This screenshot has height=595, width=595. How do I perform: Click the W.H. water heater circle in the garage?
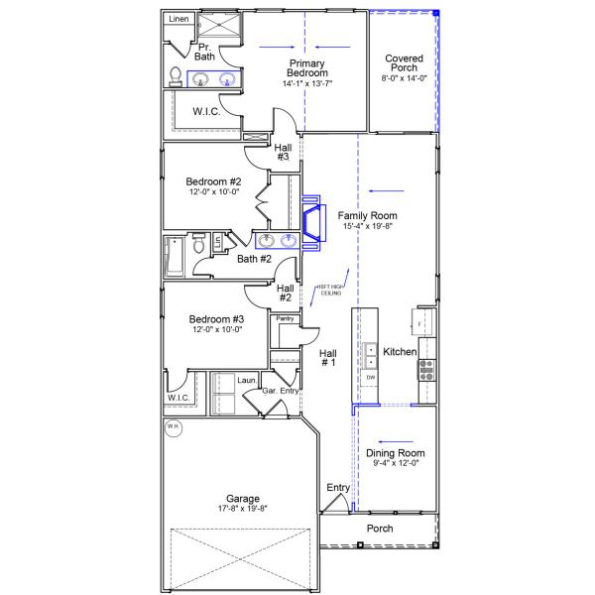point(174,427)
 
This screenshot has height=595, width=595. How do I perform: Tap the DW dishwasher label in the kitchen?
point(371,378)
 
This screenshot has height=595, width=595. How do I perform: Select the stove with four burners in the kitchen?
point(427,370)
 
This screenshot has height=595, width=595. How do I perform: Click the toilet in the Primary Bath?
point(177,75)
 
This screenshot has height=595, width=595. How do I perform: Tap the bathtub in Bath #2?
point(174,256)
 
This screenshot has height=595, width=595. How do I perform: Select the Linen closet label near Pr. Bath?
point(178,19)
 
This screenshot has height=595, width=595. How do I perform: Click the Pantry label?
point(285,318)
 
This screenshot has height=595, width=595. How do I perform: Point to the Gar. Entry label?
point(282,391)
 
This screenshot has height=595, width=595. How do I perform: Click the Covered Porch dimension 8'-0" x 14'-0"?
point(404,78)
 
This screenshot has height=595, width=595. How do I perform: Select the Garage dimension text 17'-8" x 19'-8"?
point(242,508)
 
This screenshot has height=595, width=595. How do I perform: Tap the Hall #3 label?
point(283,151)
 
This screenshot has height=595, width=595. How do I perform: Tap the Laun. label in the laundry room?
point(247,380)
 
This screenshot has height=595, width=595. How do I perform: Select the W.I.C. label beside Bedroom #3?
point(178,398)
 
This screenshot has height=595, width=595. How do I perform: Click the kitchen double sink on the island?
point(371,350)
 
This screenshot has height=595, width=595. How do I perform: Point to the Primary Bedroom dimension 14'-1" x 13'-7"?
point(306,84)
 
